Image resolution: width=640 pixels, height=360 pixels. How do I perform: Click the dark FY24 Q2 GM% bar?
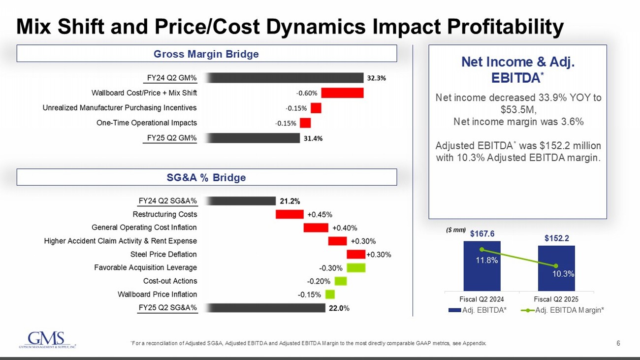(285, 78)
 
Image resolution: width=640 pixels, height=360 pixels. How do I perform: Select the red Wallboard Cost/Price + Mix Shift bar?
(342, 93)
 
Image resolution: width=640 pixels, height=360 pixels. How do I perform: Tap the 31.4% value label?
(313, 138)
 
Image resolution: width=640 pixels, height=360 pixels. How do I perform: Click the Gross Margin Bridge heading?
(207, 54)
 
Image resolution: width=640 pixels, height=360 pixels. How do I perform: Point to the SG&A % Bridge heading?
(207, 177)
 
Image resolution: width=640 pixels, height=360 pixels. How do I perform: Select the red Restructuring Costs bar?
(289, 214)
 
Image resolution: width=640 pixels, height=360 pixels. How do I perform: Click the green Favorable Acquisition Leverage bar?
(356, 267)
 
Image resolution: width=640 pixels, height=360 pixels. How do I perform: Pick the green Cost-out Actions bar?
(341, 281)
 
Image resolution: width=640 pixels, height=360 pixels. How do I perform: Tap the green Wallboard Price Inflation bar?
(330, 295)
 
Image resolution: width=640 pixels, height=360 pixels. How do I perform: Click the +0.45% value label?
(320, 214)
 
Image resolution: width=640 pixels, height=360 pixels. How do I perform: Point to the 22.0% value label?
(339, 308)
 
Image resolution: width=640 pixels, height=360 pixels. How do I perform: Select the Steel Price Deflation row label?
(163, 254)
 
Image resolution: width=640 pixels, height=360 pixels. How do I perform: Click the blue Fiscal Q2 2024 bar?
(481, 266)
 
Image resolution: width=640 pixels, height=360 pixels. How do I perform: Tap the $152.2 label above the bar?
(556, 238)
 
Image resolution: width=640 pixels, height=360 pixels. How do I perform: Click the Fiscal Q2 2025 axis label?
(556, 298)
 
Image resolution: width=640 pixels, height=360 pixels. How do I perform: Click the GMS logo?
(47, 340)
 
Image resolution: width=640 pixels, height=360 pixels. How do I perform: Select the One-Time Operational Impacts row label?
(147, 123)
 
